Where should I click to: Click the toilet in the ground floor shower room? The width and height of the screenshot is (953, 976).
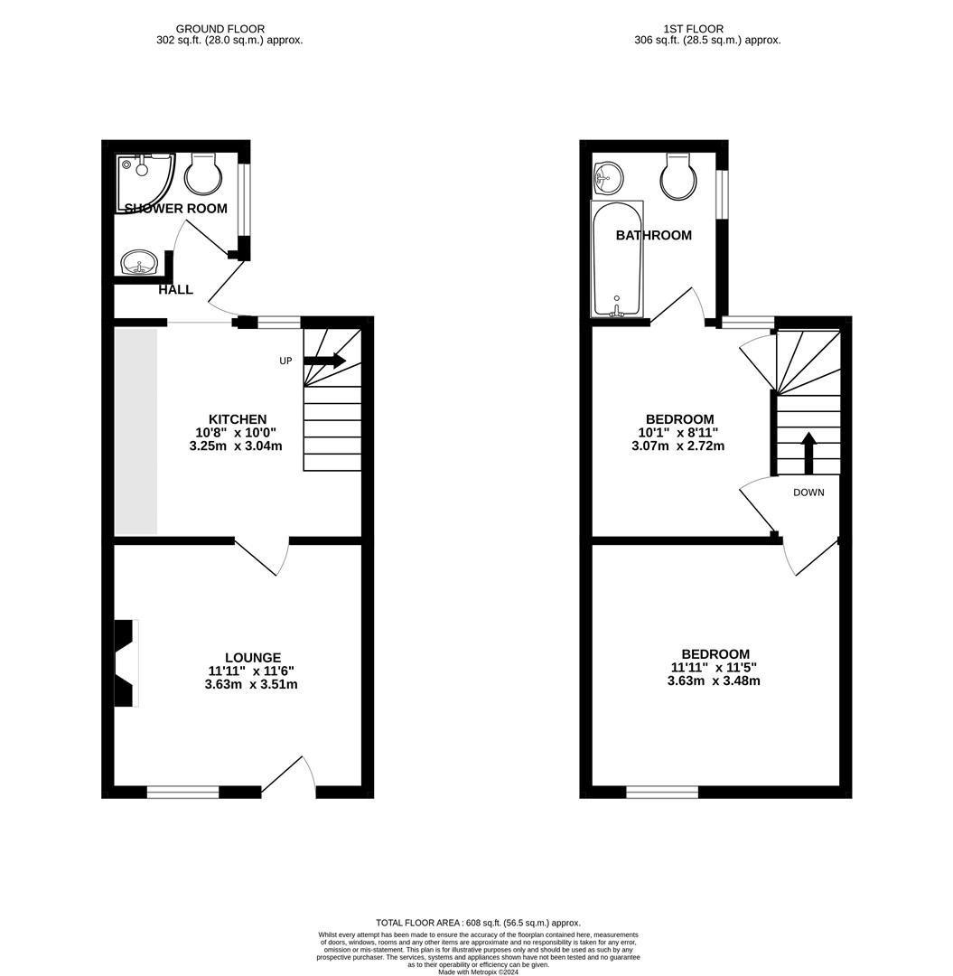click(x=203, y=174)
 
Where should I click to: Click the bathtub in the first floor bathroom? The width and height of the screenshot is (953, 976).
click(x=617, y=260)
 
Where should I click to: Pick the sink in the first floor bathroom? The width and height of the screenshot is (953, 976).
click(x=608, y=177)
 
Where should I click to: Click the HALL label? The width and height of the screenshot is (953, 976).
click(x=175, y=290)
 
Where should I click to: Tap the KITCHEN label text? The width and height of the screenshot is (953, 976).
click(x=238, y=419)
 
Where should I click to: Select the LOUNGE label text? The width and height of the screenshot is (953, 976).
click(x=253, y=658)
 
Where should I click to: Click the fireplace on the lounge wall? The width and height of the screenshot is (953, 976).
click(x=125, y=662)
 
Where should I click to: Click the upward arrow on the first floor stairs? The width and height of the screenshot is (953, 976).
click(x=808, y=453)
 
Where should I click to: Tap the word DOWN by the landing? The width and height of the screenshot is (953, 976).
click(x=808, y=493)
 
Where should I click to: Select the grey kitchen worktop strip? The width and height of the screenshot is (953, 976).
click(x=136, y=431)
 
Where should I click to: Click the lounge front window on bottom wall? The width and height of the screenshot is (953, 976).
click(x=183, y=793)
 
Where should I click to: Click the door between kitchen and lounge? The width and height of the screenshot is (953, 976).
click(x=262, y=556)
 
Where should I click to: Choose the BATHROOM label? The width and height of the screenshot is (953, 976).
click(x=654, y=236)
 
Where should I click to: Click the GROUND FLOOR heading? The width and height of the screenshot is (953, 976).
click(x=220, y=29)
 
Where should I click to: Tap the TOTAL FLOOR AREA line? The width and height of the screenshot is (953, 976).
click(x=478, y=923)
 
